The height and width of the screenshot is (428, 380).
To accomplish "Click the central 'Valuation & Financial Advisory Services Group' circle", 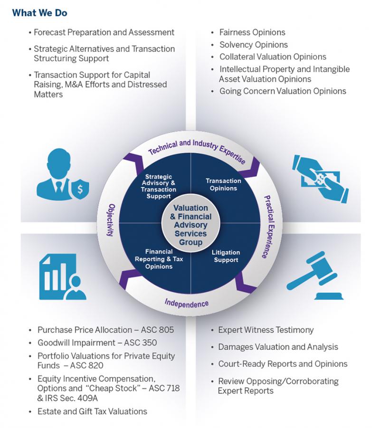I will [x=190, y=225].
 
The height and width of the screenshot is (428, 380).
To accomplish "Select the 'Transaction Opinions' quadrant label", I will [x=223, y=184].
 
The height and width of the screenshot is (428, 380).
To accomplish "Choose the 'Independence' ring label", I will [x=187, y=302].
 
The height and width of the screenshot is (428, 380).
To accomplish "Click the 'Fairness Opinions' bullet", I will [x=252, y=33].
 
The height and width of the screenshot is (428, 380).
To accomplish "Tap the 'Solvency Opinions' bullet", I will [x=253, y=45].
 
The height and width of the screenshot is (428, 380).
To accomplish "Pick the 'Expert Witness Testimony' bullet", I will [x=266, y=330].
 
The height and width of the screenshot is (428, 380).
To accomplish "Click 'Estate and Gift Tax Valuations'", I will [x=92, y=411].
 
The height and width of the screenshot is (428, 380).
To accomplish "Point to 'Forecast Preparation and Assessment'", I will [x=104, y=33].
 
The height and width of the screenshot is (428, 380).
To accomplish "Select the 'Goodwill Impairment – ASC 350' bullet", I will [x=97, y=342].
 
